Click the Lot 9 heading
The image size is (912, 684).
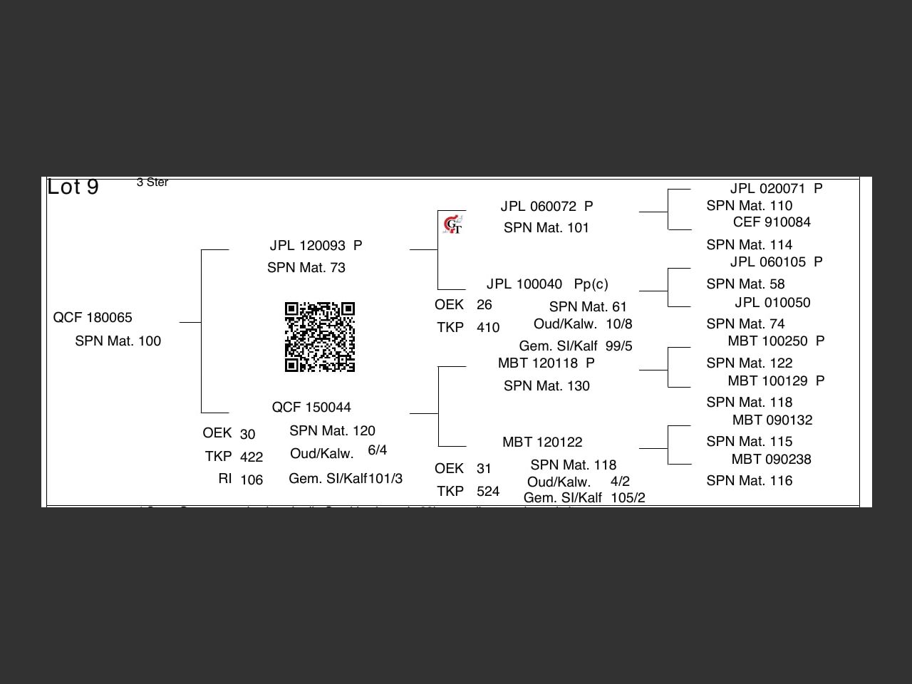pos(73,187)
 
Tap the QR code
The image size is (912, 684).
pos(320,337)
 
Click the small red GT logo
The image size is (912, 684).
pos(452,225)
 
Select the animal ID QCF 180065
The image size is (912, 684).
pos(93,317)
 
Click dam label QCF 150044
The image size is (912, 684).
pos(311,408)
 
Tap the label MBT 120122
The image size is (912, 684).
pos(542,442)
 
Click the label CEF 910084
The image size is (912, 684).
pos(772,222)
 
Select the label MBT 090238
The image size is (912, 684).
pos(772,460)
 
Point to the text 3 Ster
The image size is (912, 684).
pos(152,182)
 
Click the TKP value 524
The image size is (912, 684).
pos(488,492)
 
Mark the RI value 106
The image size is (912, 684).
pos(252,480)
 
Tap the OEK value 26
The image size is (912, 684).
pos(484,305)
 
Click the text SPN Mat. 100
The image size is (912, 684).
pos(118,341)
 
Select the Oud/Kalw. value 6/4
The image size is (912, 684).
pos(378,450)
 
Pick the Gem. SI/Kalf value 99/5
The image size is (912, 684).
pos(618,346)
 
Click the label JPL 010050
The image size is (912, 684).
pos(772,303)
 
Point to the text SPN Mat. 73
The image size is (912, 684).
pos(306,268)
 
